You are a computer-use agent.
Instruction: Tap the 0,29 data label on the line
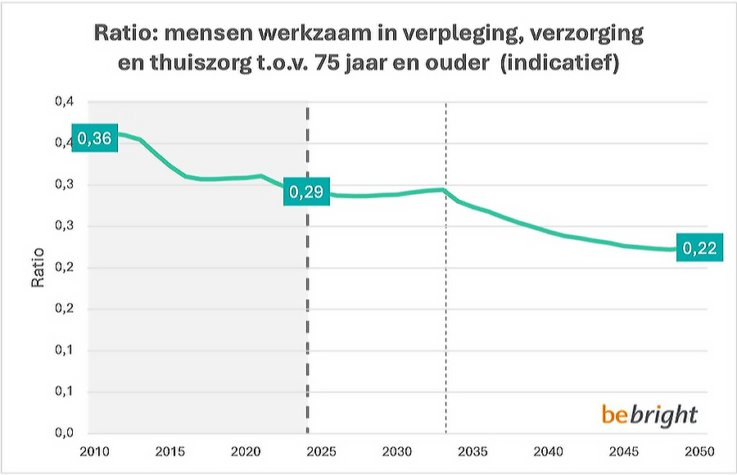tap(305, 192)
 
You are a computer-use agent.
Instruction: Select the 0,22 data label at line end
tap(700, 248)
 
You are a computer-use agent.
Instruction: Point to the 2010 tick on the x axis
tap(90, 452)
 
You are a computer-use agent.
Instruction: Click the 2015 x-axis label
tap(168, 452)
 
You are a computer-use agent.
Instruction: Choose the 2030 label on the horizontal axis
tap(396, 452)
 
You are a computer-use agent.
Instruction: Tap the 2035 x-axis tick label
tap(472, 452)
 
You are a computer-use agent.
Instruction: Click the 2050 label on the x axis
tap(700, 452)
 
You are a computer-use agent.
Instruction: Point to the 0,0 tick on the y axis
tap(64, 433)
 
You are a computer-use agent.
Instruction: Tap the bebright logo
tap(649, 414)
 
